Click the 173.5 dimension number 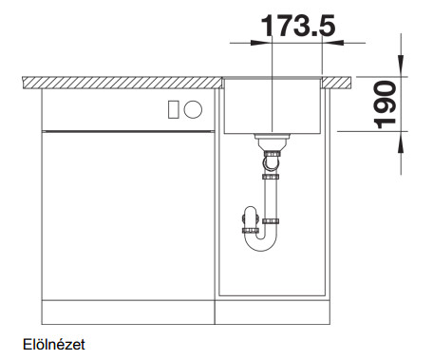coord(298,26)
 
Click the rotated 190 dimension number coord(385,104)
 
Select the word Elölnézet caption coord(54,345)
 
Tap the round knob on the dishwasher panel coord(193,109)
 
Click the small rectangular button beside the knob coord(174,109)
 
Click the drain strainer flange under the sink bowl coord(272,137)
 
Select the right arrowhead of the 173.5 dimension coord(332,43)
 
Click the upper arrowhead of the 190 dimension coord(401,66)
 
